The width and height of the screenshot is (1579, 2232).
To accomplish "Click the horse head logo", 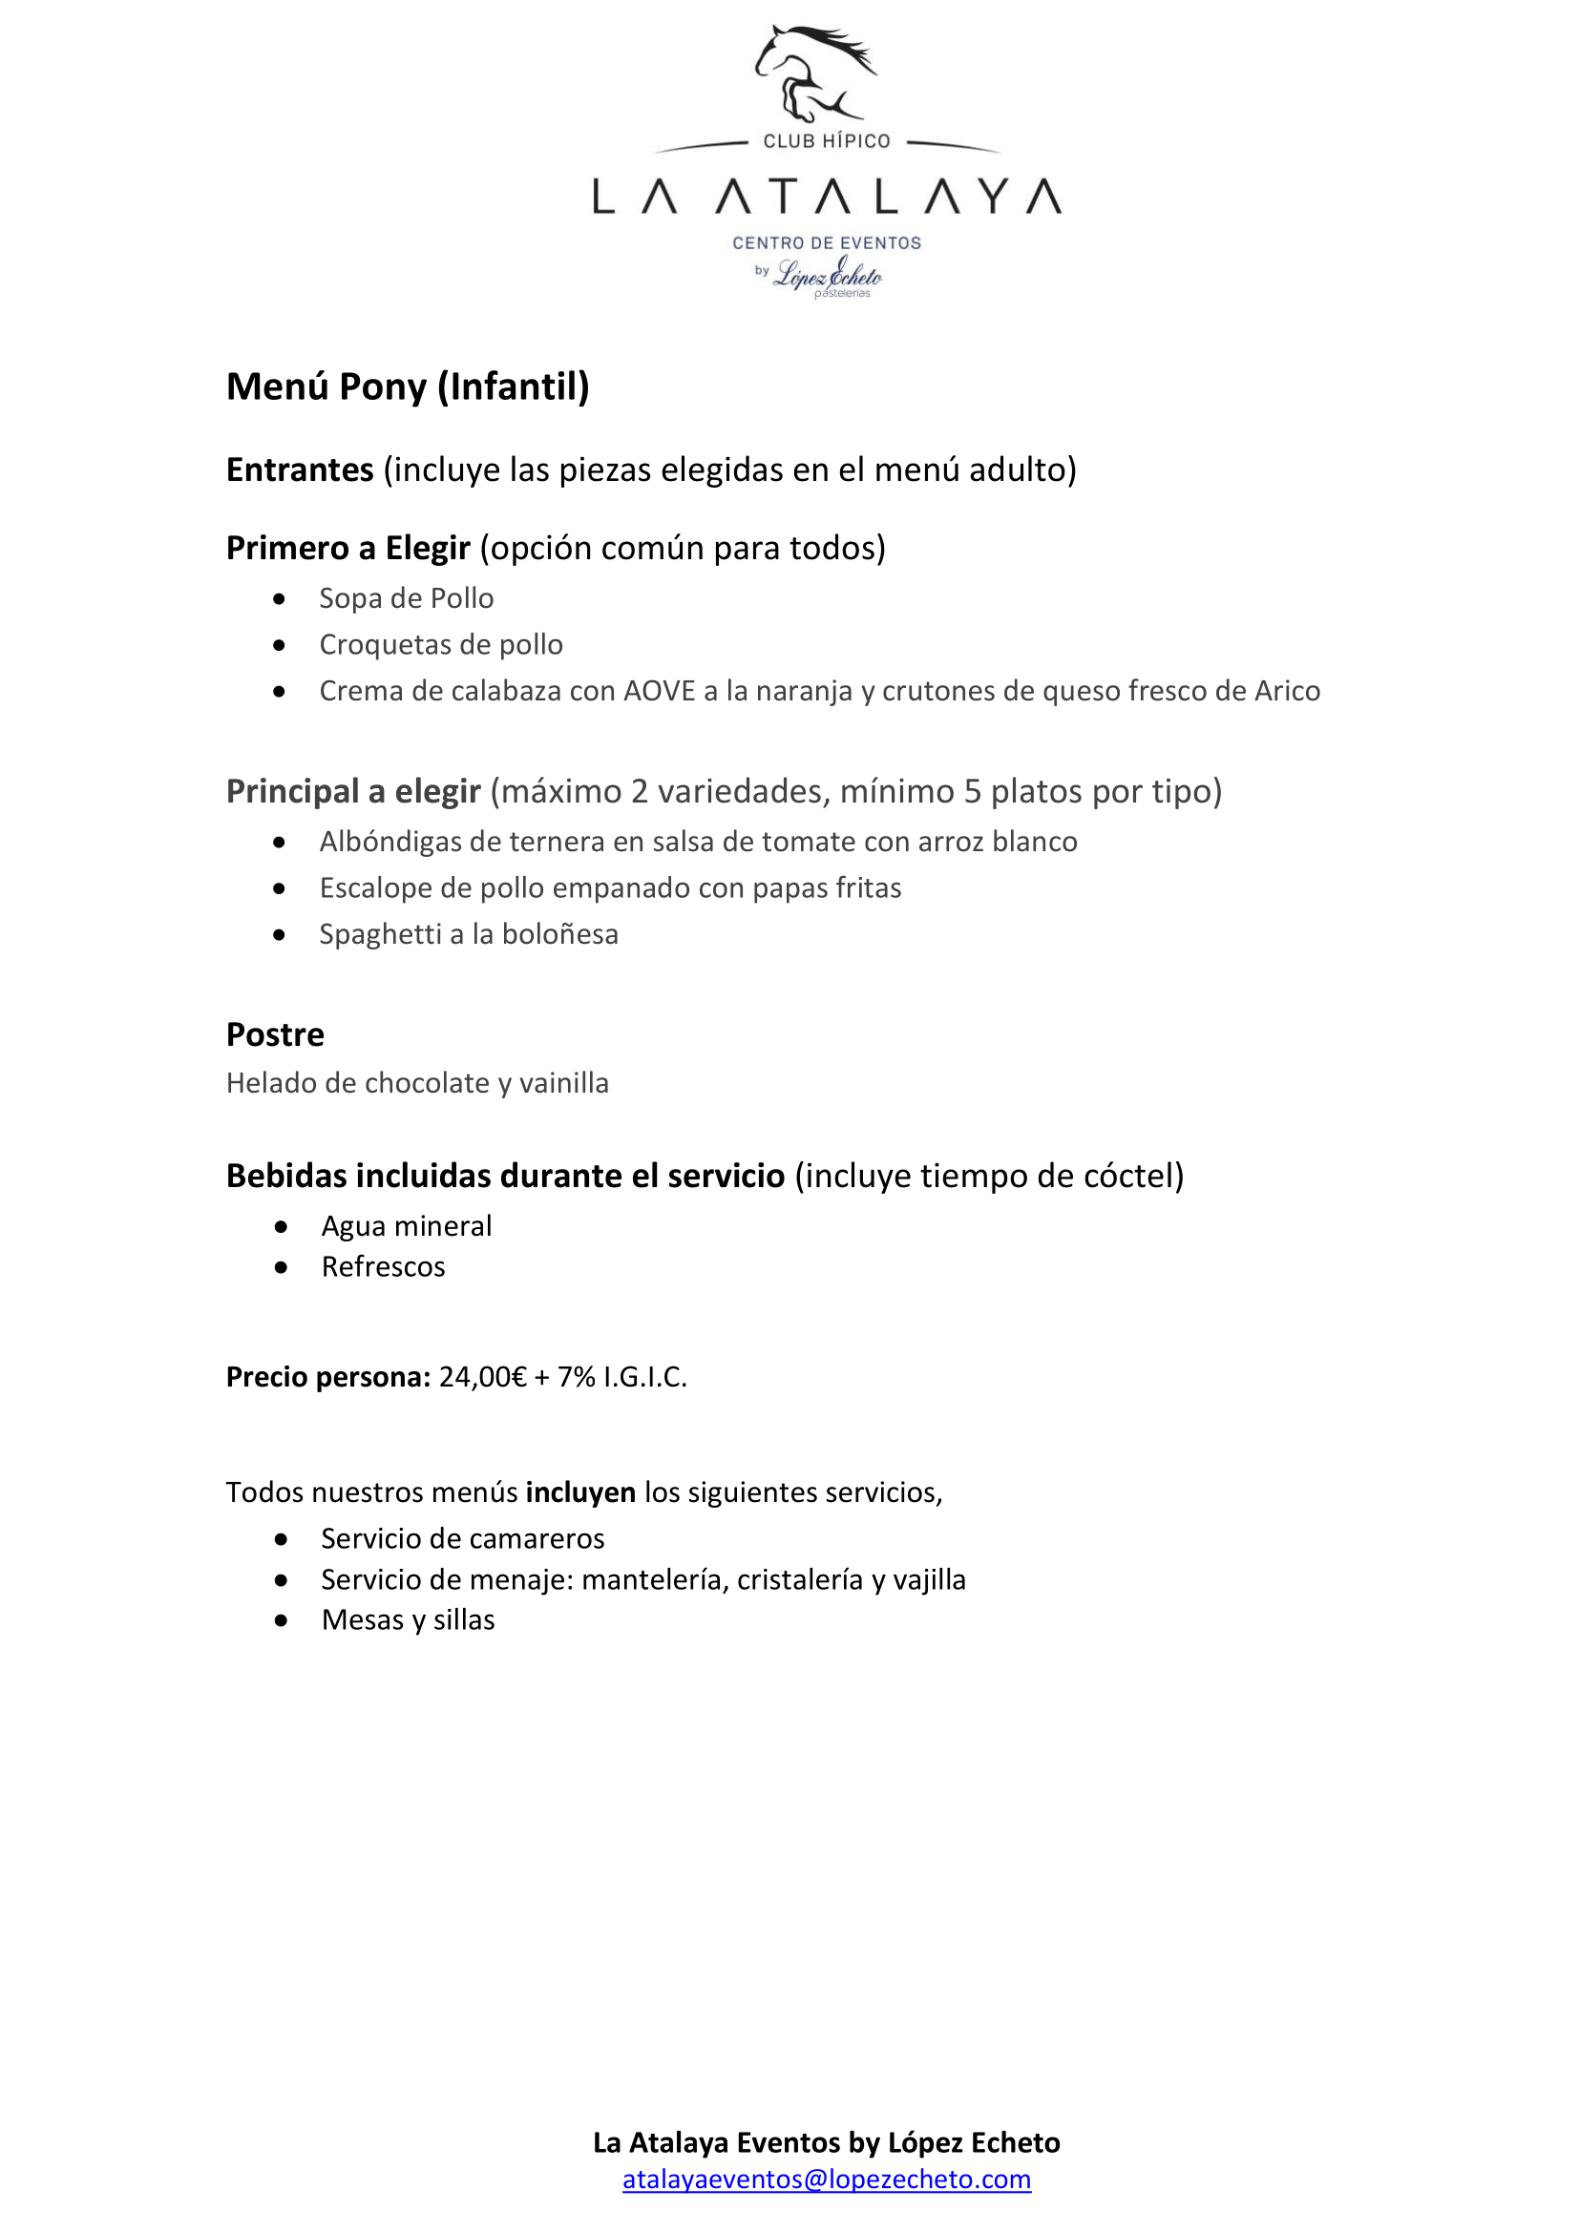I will click(813, 72).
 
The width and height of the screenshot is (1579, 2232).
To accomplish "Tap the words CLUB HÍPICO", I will click(827, 141).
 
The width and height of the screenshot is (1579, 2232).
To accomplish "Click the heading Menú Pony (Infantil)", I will click(408, 386).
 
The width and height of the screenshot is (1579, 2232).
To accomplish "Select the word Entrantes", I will click(300, 469).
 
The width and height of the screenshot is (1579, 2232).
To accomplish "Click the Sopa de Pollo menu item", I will click(407, 598).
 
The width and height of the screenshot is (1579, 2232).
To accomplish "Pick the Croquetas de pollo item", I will click(440, 644).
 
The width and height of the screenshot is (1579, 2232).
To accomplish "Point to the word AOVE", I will click(660, 691).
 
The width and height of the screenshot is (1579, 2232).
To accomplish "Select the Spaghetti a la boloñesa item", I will click(469, 934).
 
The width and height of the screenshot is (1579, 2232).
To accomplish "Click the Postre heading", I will click(275, 1034).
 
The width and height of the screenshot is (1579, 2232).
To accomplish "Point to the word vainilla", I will click(564, 1083).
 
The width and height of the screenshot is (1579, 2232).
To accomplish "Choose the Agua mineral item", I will click(407, 1226).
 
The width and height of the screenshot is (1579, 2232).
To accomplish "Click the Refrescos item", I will click(383, 1266).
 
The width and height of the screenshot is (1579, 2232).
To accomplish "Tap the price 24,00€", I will click(482, 1377).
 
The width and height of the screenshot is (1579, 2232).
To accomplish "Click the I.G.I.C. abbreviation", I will click(644, 1377).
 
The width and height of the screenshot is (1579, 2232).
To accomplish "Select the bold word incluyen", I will click(580, 1492).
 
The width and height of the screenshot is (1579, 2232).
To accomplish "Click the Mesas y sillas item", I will click(408, 1619).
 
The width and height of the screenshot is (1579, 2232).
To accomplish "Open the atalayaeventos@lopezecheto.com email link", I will click(827, 2179).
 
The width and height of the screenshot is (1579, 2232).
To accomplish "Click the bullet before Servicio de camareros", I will click(281, 1539).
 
